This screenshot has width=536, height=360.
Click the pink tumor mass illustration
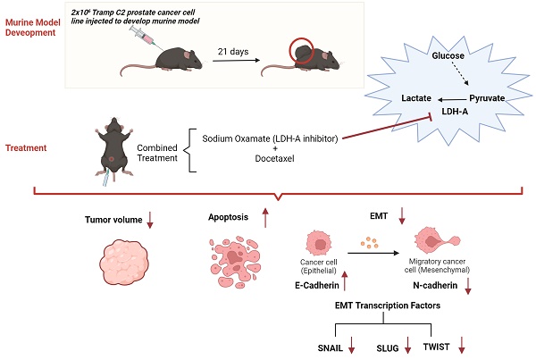pos(126,264)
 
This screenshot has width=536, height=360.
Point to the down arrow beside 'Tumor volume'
pos(150,219)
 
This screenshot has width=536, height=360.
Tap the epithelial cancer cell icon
pos(318,243)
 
